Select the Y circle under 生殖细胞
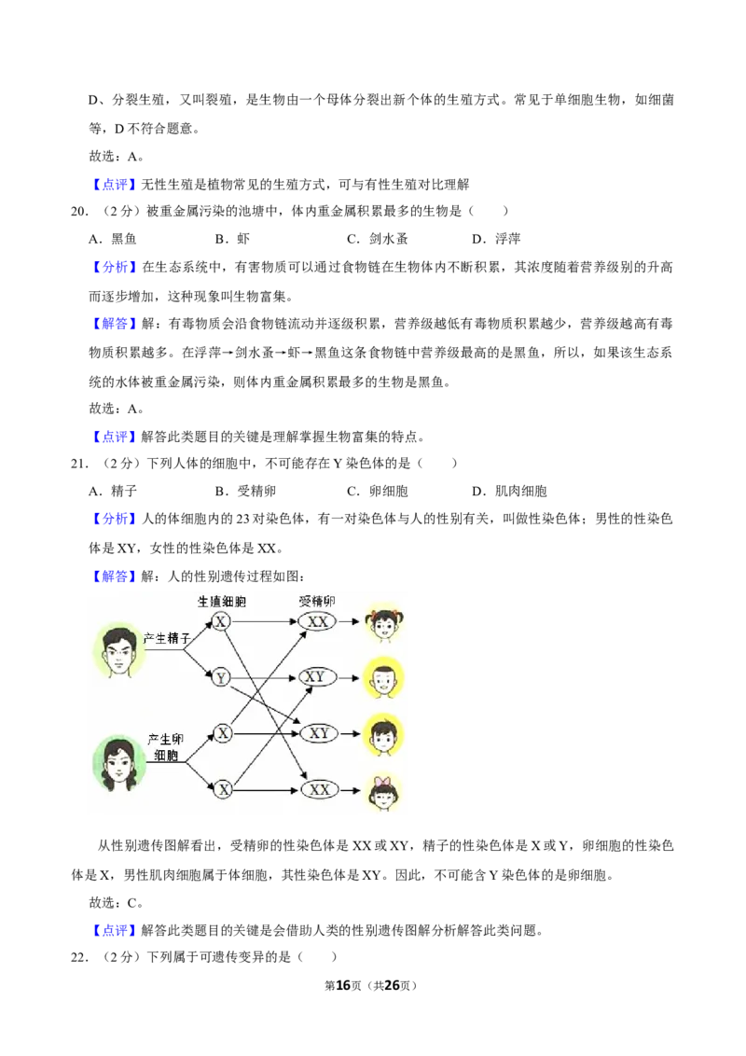(221, 677)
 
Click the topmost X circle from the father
(221, 621)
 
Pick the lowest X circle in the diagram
(224, 789)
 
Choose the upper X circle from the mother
(224, 733)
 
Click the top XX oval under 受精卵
(318, 621)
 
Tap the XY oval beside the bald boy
(317, 676)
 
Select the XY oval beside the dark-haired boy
(319, 733)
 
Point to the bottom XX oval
(319, 789)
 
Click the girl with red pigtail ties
(383, 624)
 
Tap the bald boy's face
(382, 678)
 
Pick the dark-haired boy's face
(382, 736)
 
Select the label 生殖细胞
(222, 601)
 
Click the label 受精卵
(316, 601)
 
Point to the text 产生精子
(166, 639)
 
